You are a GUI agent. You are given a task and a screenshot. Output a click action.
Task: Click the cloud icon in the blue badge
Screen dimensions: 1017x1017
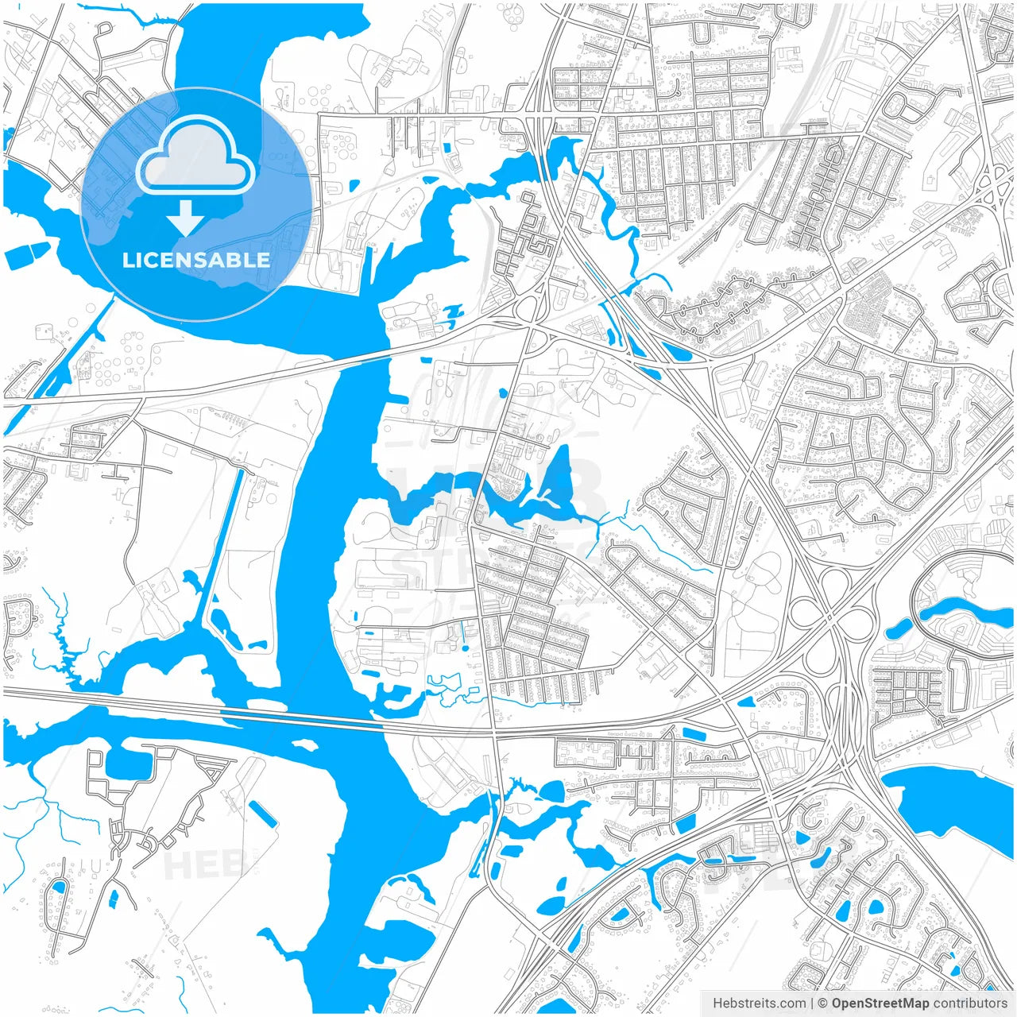pos(195,155)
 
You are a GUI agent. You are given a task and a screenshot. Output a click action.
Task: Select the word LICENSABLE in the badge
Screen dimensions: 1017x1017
pos(195,260)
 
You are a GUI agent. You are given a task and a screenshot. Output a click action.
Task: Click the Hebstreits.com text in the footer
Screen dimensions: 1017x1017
pos(759,1003)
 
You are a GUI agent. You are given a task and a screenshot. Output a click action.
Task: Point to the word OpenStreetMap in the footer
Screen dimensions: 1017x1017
pos(880,1003)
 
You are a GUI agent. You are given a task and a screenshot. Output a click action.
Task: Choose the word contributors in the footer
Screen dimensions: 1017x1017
pos(970,1003)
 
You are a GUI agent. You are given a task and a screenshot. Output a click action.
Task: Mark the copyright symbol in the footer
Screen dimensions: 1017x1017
pos(823,1003)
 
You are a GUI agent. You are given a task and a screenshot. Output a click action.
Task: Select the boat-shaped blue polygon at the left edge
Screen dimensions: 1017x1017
pos(27,256)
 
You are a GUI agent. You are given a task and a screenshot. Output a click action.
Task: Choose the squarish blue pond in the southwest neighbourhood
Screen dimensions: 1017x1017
pos(126,763)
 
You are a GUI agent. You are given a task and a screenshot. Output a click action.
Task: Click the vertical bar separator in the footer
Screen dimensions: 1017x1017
pos(812,1003)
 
